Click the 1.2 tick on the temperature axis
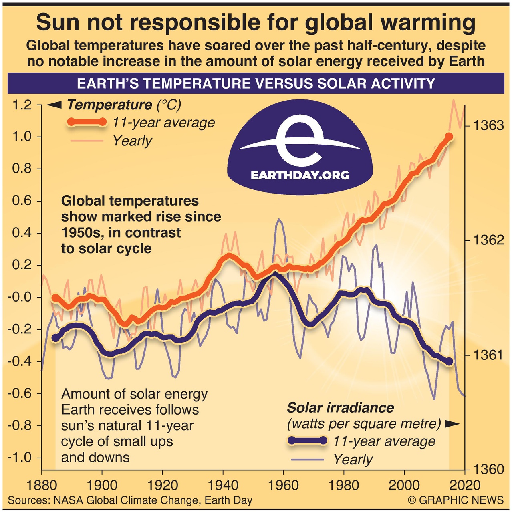22,105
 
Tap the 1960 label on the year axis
283,486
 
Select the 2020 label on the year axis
464,486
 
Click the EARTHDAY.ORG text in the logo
300,175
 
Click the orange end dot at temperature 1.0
449,137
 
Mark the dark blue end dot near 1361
449,361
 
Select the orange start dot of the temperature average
55,297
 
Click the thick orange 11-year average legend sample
87,122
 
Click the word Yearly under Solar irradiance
353,460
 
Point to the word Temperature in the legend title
109,105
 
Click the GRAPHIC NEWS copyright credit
456,500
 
